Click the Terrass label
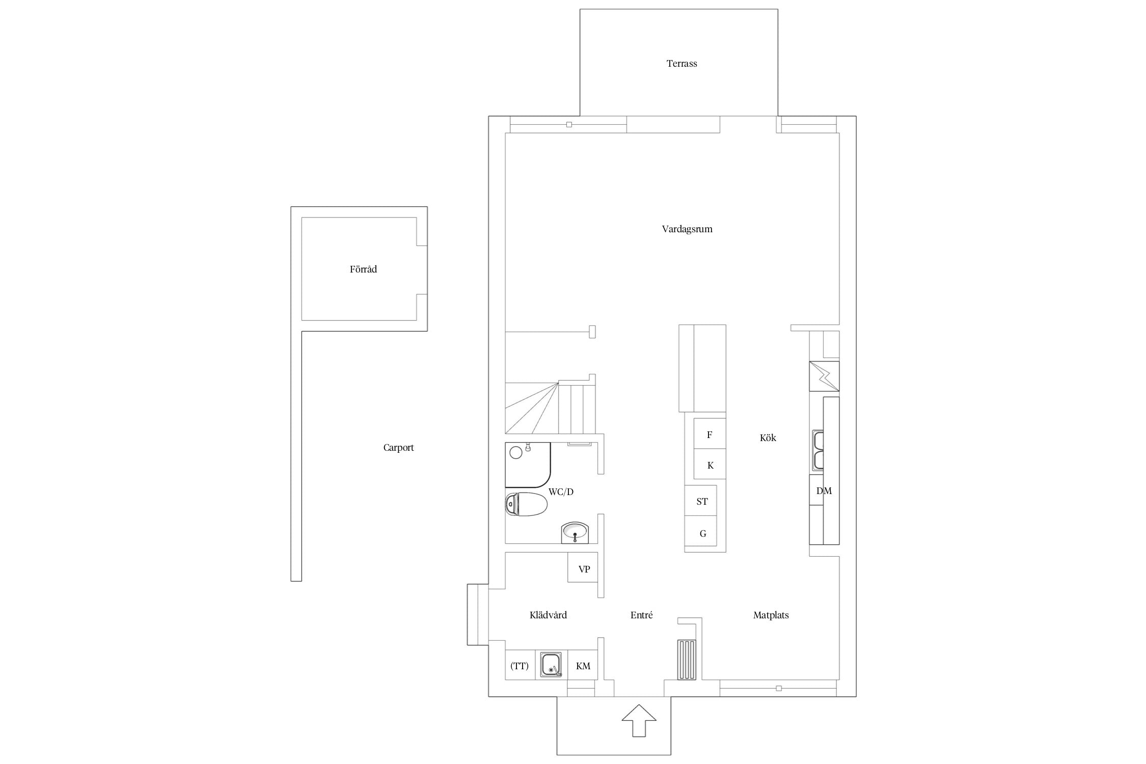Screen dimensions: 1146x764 pyautogui.click(x=681, y=64)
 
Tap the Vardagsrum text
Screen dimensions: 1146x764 pyautogui.click(x=687, y=229)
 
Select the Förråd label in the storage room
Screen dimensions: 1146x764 pyautogui.click(x=363, y=269)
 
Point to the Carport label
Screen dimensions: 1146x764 pyautogui.click(x=398, y=448)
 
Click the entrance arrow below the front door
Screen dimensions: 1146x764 pyautogui.click(x=639, y=720)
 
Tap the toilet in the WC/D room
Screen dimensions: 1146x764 pyautogui.click(x=526, y=504)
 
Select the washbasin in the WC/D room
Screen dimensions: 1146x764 pyautogui.click(x=575, y=533)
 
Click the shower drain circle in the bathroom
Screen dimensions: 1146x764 pyautogui.click(x=516, y=452)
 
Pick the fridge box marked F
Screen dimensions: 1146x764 pyautogui.click(x=710, y=434)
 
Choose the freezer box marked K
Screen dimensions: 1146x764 pyautogui.click(x=710, y=464)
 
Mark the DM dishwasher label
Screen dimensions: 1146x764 pyautogui.click(x=824, y=491)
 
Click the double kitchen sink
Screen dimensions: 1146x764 pyautogui.click(x=818, y=451)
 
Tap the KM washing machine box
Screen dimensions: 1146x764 pyautogui.click(x=583, y=665)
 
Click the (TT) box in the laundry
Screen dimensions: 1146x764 pyautogui.click(x=520, y=665)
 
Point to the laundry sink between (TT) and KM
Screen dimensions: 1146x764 pyautogui.click(x=551, y=664)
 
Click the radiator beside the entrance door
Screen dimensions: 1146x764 pyautogui.click(x=687, y=660)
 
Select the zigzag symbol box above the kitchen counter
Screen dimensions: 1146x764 pyautogui.click(x=824, y=376)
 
